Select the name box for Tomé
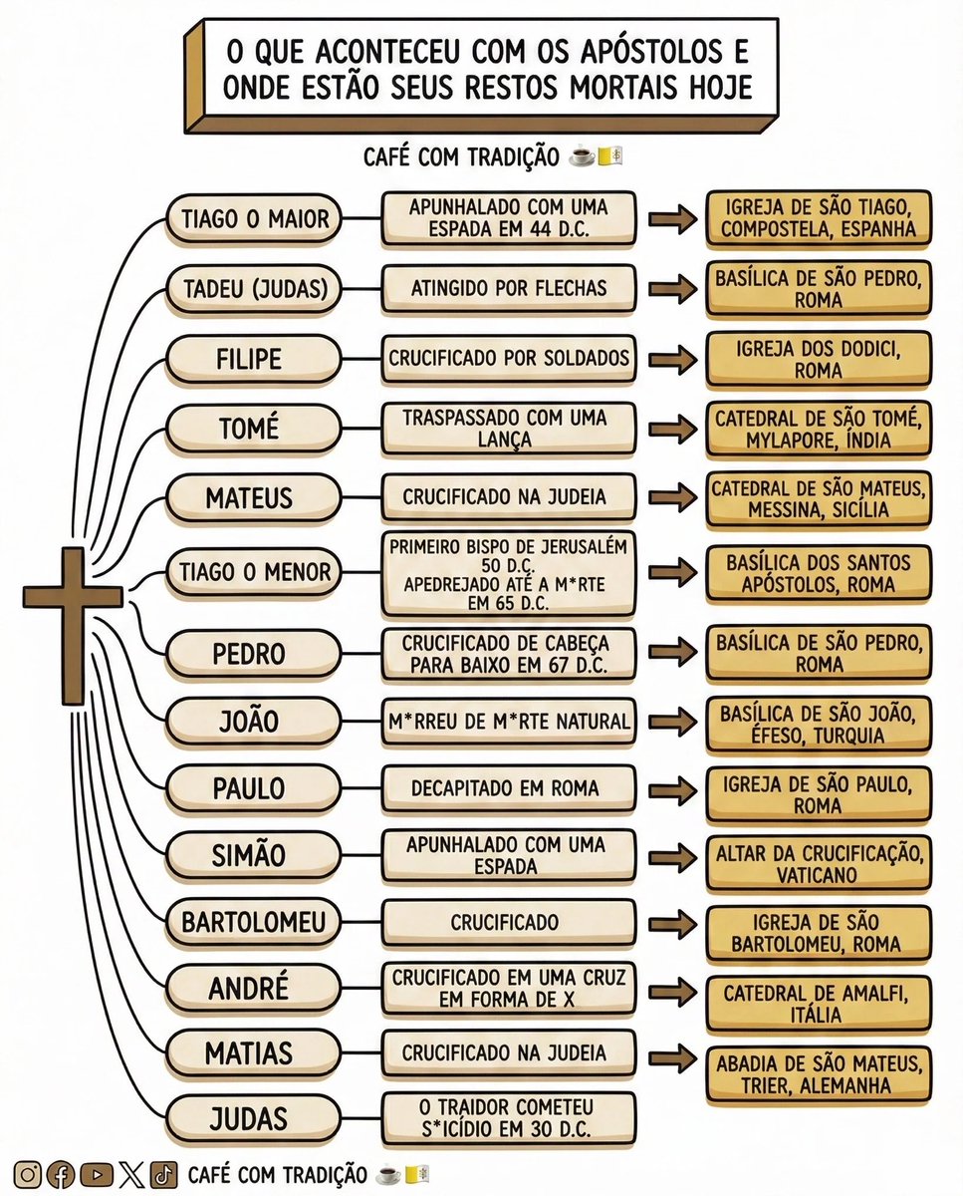tap(248, 429)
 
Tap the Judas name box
tap(248, 1118)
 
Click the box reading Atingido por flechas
tap(508, 289)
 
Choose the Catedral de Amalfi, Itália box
tap(819, 1004)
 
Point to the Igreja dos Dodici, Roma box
tap(819, 358)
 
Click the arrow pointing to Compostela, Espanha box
tap(672, 219)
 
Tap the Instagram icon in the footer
tap(29, 1175)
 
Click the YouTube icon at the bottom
tap(96, 1175)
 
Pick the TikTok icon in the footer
tap(163, 1175)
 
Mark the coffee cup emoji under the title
tap(582, 157)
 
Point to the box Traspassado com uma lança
tap(508, 429)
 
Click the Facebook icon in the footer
tap(62, 1175)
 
